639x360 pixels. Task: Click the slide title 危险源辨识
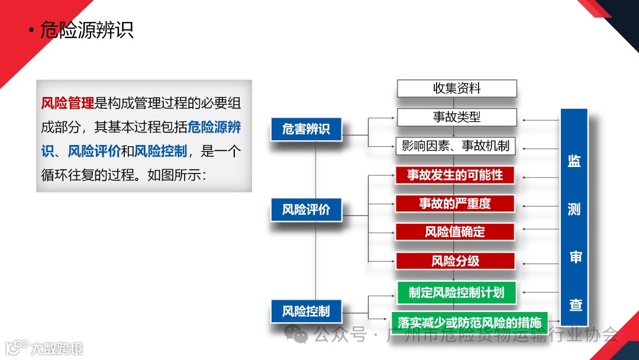[x=86, y=30]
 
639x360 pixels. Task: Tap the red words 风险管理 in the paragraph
[x=67, y=103]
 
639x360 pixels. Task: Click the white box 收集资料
[x=456, y=89]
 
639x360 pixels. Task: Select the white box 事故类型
[x=456, y=117]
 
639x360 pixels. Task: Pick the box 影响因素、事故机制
[x=456, y=145]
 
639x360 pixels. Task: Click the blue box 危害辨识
[x=306, y=129]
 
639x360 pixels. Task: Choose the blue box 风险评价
[x=306, y=210]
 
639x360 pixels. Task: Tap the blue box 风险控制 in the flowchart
[x=306, y=311]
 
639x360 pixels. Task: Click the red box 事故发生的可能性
[x=455, y=175]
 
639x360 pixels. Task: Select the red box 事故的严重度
[x=455, y=204]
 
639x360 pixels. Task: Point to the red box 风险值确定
[x=455, y=232]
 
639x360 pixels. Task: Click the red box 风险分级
[x=455, y=261]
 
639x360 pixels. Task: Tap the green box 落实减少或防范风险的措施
[x=469, y=323]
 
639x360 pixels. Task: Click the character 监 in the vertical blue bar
[x=574, y=162]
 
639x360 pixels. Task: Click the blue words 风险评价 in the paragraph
[x=94, y=151]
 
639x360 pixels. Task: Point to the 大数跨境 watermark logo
[x=44, y=348]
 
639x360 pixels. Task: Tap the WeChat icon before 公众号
[x=296, y=335]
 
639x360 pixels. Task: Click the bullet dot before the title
[x=31, y=31]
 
